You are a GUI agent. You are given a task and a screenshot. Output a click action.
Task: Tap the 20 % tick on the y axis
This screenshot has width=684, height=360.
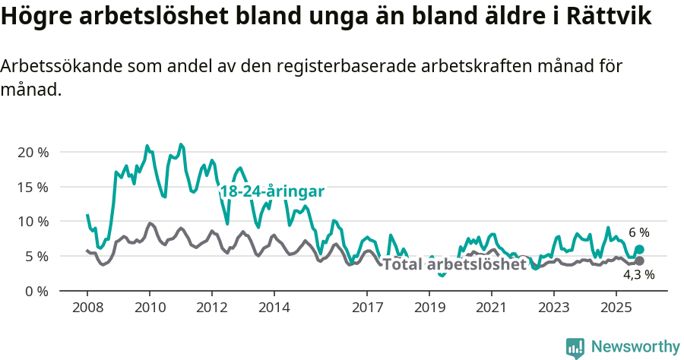click(33, 152)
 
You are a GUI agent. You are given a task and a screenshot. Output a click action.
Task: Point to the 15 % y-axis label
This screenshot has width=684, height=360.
click(33, 187)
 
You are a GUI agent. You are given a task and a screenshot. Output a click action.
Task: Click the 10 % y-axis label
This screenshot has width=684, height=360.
click(33, 222)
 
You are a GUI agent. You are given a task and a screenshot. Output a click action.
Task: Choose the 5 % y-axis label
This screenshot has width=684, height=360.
click(36, 257)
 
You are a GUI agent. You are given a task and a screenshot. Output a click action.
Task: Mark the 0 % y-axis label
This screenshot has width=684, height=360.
click(36, 291)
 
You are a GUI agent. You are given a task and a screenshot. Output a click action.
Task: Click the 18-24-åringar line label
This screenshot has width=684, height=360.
click(272, 191)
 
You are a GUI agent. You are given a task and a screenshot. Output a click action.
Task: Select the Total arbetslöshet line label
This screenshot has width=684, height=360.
click(454, 264)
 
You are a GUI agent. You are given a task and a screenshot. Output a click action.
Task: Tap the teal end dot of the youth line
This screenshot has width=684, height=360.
click(639, 249)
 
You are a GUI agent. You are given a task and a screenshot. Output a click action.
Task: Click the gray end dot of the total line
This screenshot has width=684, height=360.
click(639, 261)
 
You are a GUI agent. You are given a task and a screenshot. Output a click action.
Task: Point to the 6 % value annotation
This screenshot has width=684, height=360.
click(638, 232)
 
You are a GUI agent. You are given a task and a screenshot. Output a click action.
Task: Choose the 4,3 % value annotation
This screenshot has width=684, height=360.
click(638, 275)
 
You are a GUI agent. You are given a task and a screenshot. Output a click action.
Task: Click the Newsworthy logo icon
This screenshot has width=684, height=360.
click(575, 347)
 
